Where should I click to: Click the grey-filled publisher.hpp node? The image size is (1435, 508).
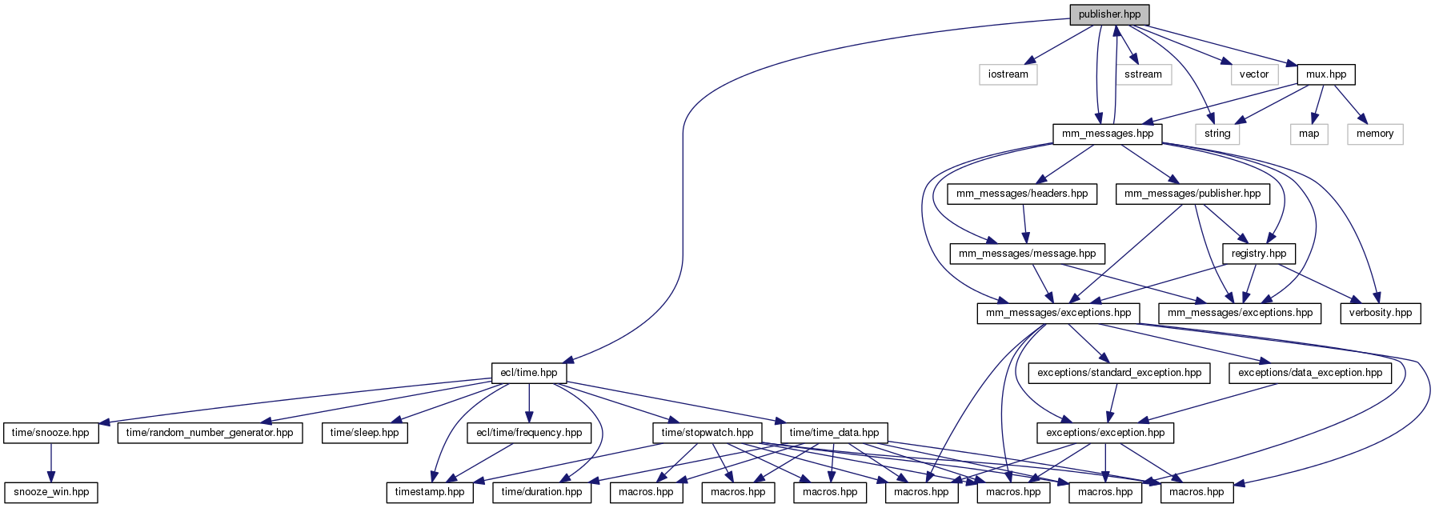point(1109,14)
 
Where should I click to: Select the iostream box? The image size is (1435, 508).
point(1008,74)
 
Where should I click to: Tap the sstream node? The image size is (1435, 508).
point(1143,74)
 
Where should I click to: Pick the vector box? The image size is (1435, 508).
point(1253,74)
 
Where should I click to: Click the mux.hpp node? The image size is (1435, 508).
point(1325,74)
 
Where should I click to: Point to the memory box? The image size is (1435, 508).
point(1374,134)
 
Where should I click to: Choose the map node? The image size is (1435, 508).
point(1309,134)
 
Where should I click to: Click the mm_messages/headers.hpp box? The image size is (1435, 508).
point(1022,194)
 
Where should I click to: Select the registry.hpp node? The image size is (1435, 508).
point(1258,254)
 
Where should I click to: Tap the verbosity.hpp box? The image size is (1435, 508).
point(1380,313)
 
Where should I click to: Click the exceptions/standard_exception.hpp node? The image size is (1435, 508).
point(1119,373)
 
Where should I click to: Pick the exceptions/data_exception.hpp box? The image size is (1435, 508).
point(1309,373)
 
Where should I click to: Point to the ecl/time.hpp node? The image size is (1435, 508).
point(528,373)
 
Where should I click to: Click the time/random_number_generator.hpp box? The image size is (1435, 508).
point(210,433)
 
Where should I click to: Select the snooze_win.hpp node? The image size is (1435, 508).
point(51,492)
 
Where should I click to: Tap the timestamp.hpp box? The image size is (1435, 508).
point(429,492)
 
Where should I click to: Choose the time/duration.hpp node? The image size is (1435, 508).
point(542,492)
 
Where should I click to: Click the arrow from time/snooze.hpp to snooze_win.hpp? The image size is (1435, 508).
point(51,462)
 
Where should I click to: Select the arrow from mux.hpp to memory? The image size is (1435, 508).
point(1348,104)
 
